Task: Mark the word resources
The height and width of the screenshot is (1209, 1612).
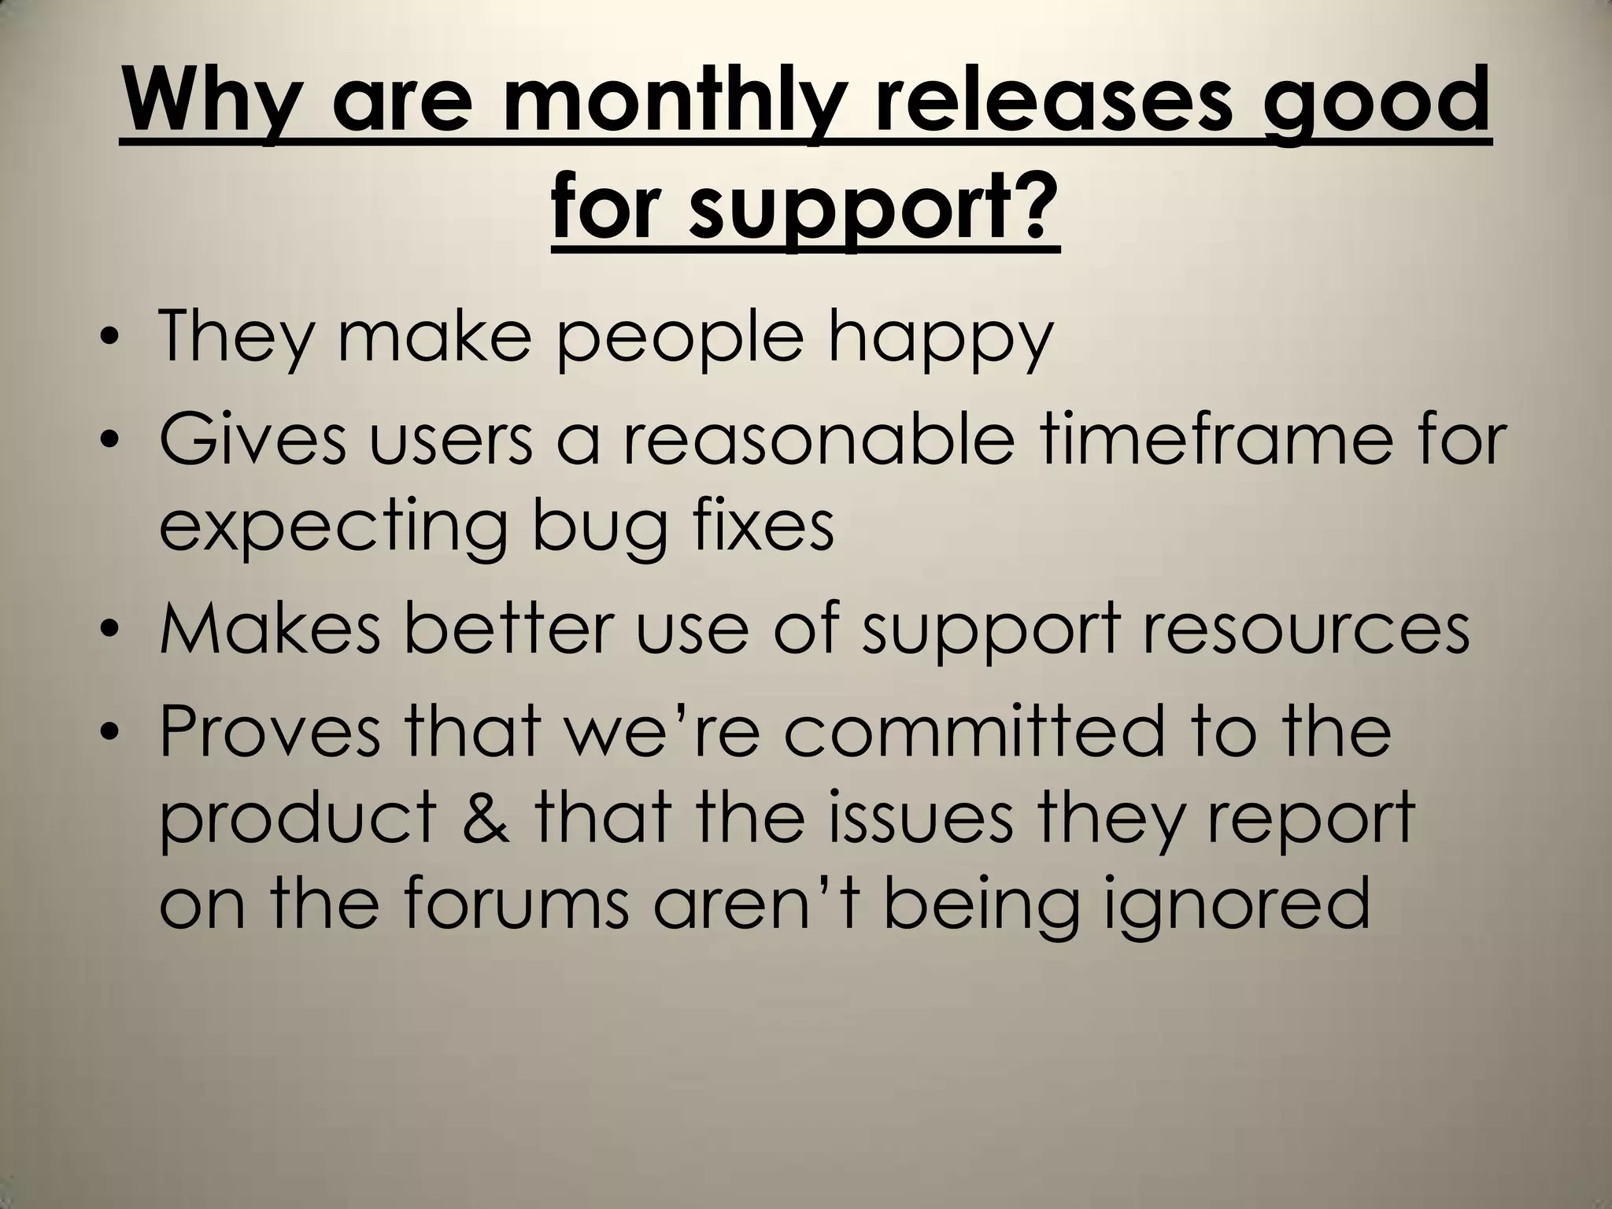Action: pos(1305,633)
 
